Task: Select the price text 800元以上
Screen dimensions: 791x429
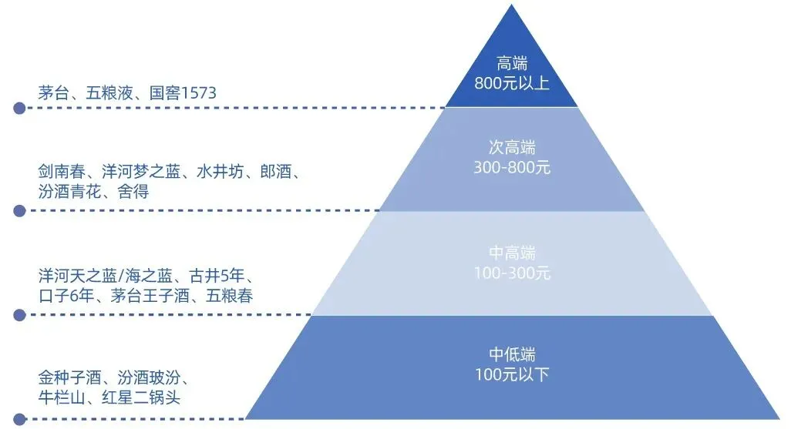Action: tap(512, 83)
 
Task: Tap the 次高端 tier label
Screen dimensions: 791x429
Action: tap(512, 148)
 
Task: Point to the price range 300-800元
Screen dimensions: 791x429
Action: tap(512, 166)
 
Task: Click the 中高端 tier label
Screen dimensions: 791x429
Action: tap(512, 253)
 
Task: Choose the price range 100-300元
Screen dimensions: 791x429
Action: tap(512, 273)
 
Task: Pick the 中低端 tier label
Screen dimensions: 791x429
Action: tap(512, 355)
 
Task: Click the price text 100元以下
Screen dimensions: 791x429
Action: tap(512, 374)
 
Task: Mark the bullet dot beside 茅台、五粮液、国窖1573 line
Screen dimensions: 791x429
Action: tap(19, 109)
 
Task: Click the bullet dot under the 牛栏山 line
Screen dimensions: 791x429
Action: tap(19, 419)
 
